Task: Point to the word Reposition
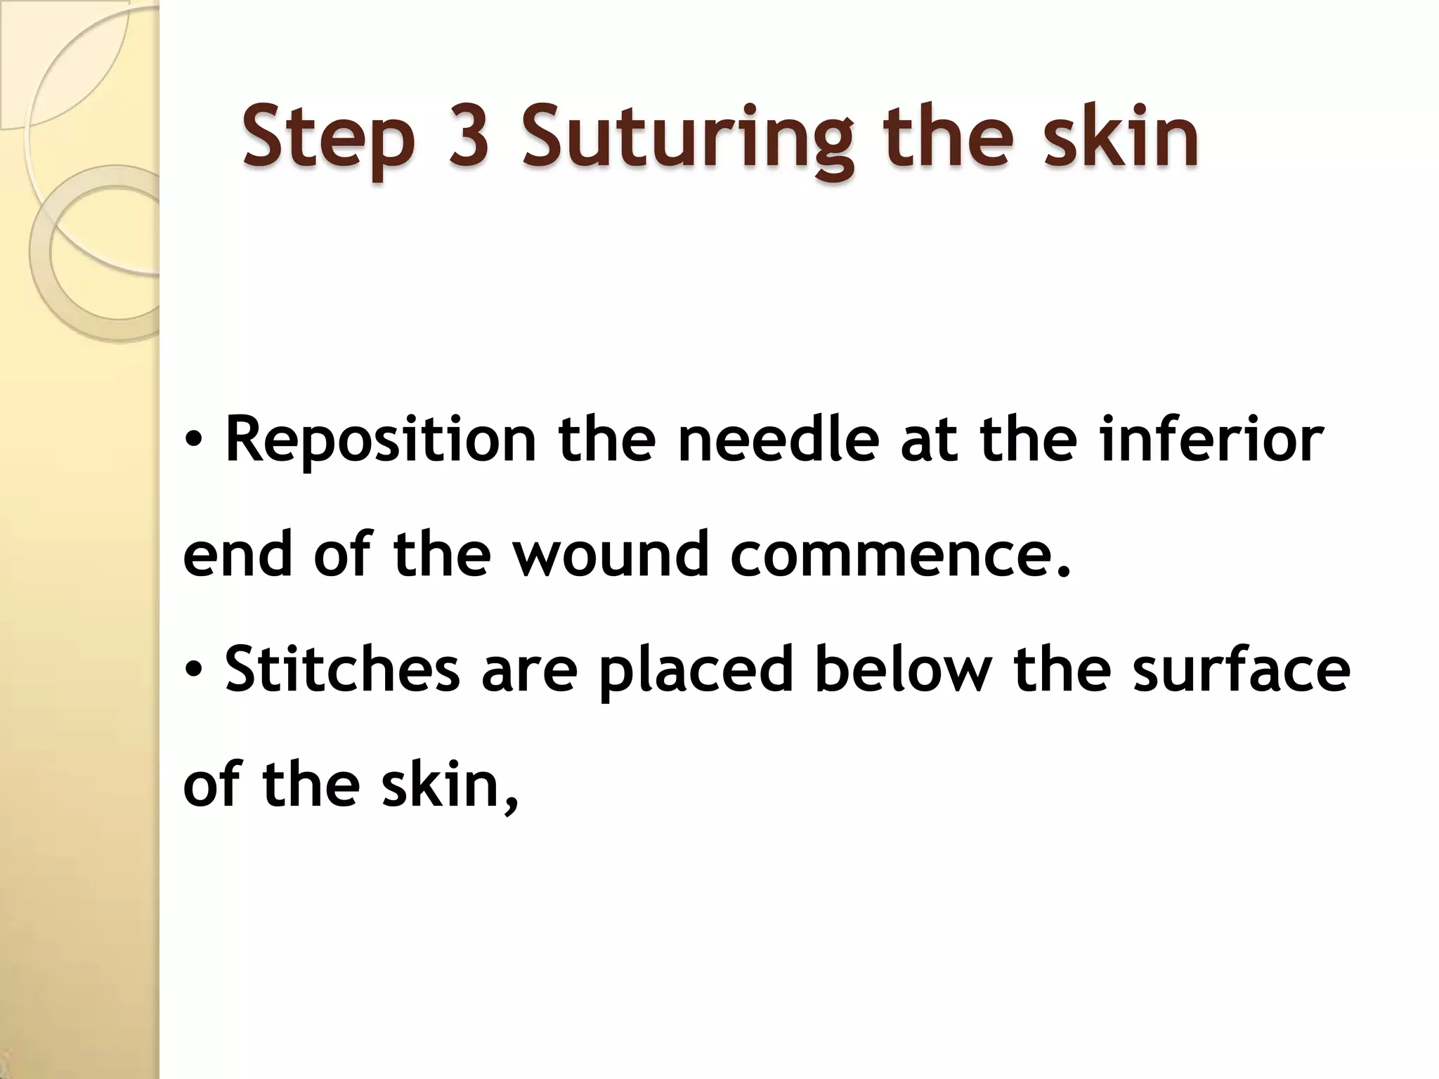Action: coord(380,441)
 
